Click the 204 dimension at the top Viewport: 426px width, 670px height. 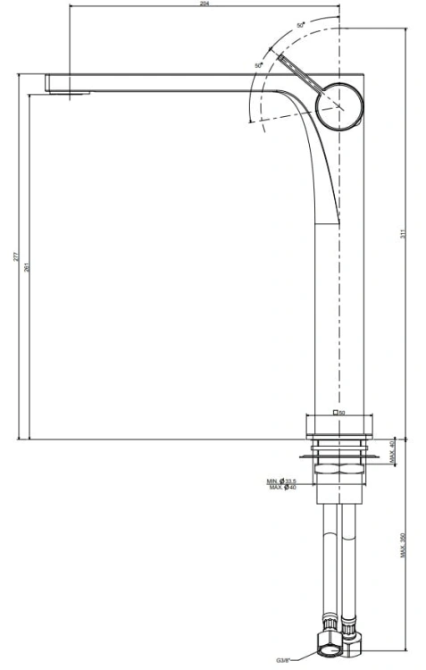(205, 5)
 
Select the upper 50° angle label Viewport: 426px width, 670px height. (300, 22)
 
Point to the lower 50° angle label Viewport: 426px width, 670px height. (259, 66)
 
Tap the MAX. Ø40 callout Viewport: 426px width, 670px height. (283, 487)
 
